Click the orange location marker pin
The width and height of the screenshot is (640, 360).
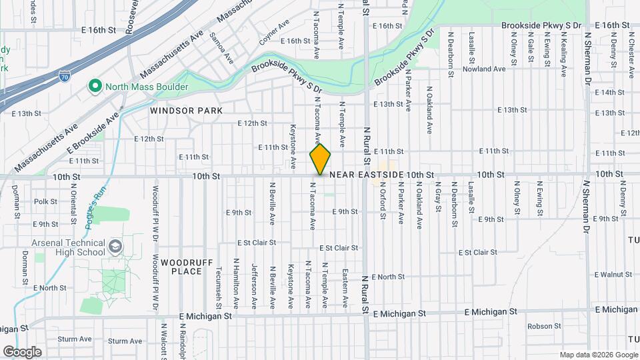click(320, 159)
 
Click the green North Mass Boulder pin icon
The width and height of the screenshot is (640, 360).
click(95, 86)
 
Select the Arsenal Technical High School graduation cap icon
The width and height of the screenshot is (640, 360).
click(115, 247)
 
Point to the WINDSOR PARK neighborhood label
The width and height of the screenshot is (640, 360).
click(177, 110)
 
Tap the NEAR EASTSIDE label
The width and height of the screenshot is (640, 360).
click(367, 175)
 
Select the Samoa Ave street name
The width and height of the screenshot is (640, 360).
click(221, 48)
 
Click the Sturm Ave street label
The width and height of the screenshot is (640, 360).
click(74, 339)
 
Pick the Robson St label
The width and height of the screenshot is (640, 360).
click(544, 326)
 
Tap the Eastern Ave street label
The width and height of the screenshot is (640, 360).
click(344, 288)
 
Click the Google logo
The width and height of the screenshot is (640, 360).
click(22, 351)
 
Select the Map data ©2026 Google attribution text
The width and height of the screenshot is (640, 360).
click(597, 355)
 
